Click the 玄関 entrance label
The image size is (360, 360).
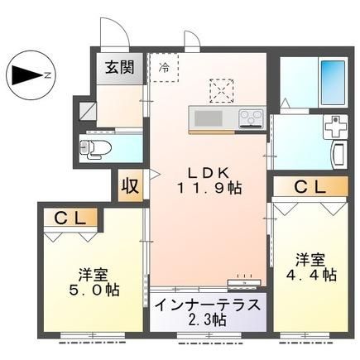tap(120, 67)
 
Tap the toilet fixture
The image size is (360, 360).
tap(95, 149)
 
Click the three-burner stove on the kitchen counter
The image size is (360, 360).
tap(251, 118)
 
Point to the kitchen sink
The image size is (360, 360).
tap(209, 118)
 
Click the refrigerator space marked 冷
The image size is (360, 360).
tap(165, 68)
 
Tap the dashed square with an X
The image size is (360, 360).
tap(222, 91)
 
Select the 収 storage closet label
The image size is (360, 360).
tap(130, 186)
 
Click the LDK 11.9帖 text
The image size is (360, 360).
tap(209, 180)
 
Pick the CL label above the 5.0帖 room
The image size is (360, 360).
tap(70, 218)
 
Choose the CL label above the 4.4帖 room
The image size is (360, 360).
tap(310, 187)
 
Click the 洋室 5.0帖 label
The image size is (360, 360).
tap(94, 282)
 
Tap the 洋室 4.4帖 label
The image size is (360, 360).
tap(311, 267)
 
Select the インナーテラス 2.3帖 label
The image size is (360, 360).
tap(208, 312)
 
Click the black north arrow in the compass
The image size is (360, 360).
tap(27, 75)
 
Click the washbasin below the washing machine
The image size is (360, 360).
tap(338, 154)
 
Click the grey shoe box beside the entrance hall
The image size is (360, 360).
tap(88, 111)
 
